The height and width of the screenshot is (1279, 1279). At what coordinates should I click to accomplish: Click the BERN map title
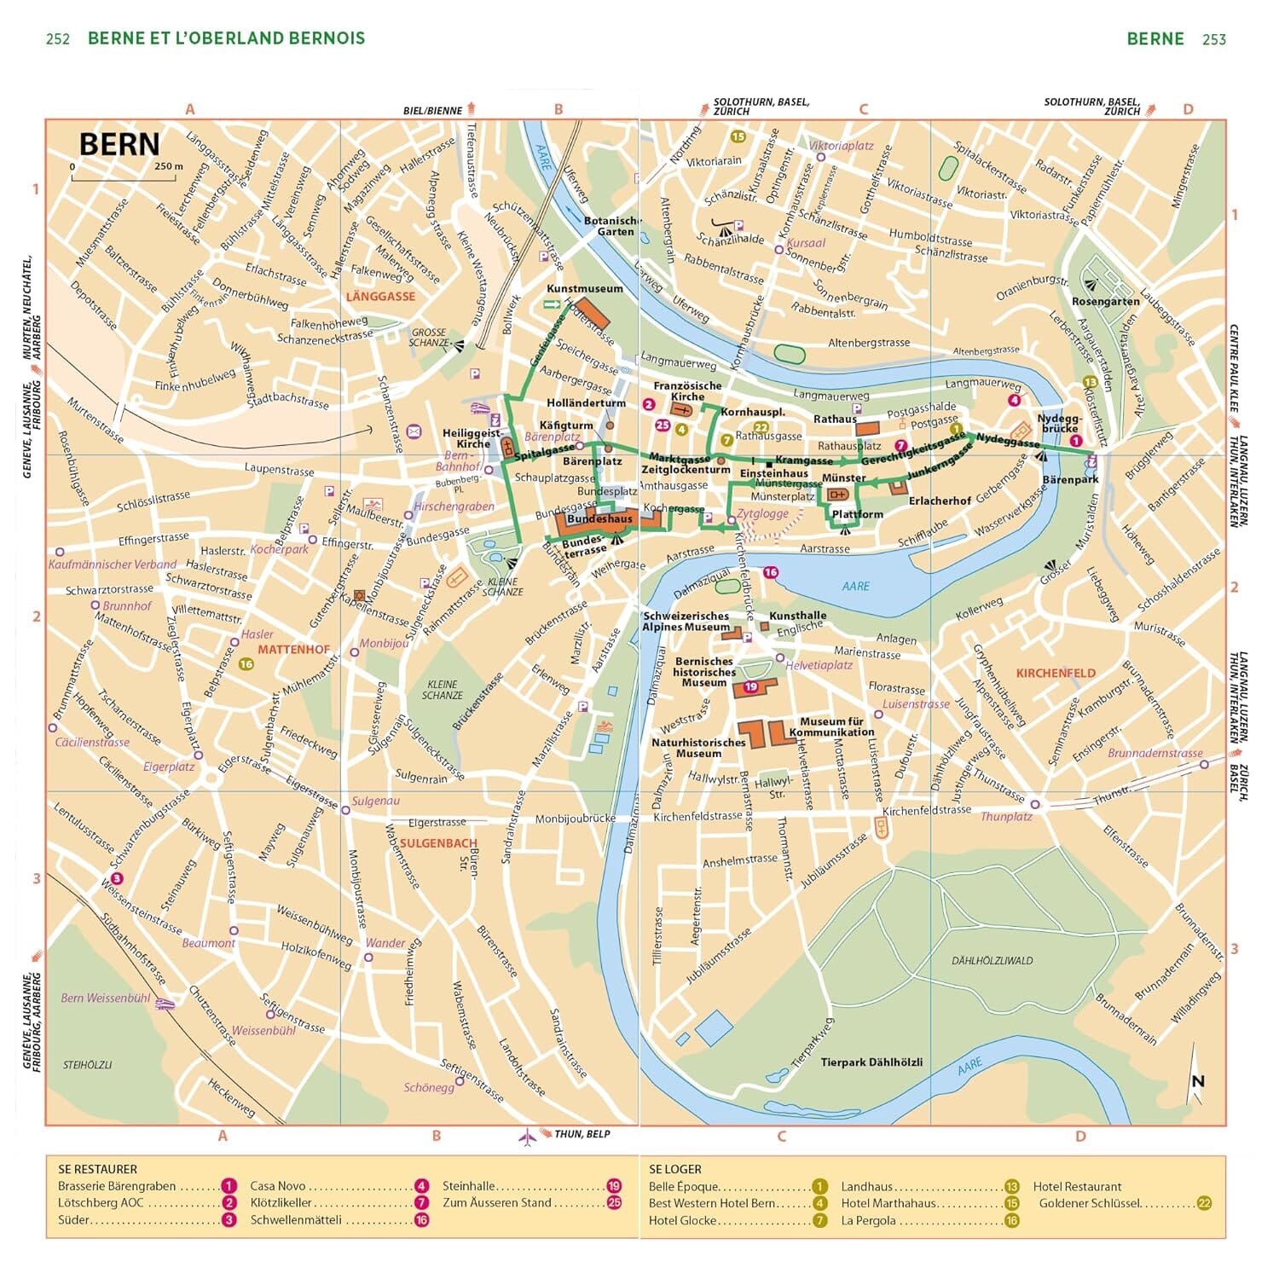(119, 145)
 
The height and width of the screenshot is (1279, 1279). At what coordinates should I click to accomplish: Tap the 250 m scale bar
(127, 177)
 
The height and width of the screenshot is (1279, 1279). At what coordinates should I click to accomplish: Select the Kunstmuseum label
(585, 289)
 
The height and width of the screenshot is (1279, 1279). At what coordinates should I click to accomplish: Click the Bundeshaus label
(599, 518)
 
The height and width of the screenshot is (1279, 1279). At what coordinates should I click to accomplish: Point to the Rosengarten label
(1106, 302)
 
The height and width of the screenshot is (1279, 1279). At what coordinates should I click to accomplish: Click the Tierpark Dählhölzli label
(871, 1062)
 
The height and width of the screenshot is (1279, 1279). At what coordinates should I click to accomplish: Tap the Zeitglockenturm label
(686, 470)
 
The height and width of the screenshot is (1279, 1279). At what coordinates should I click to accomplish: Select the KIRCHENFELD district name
(1056, 673)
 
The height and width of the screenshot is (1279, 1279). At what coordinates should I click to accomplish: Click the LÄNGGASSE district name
(380, 296)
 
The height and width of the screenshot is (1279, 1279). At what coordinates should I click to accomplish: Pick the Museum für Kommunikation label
(831, 726)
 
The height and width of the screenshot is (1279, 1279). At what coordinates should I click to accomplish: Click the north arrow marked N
(1197, 1081)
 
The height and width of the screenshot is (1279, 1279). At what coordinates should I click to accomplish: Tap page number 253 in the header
(1214, 39)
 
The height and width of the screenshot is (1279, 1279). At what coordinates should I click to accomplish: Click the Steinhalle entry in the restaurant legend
(469, 1186)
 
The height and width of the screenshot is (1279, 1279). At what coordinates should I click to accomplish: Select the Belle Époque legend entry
(684, 1186)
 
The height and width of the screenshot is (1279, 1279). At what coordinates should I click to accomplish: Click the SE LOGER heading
(675, 1169)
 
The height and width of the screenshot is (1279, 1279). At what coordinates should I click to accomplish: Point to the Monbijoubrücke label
(576, 819)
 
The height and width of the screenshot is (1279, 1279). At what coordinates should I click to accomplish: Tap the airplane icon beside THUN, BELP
(528, 1136)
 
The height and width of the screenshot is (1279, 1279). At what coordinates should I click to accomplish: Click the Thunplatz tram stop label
(1006, 817)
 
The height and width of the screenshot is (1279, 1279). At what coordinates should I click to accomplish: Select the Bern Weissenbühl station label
(106, 998)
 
